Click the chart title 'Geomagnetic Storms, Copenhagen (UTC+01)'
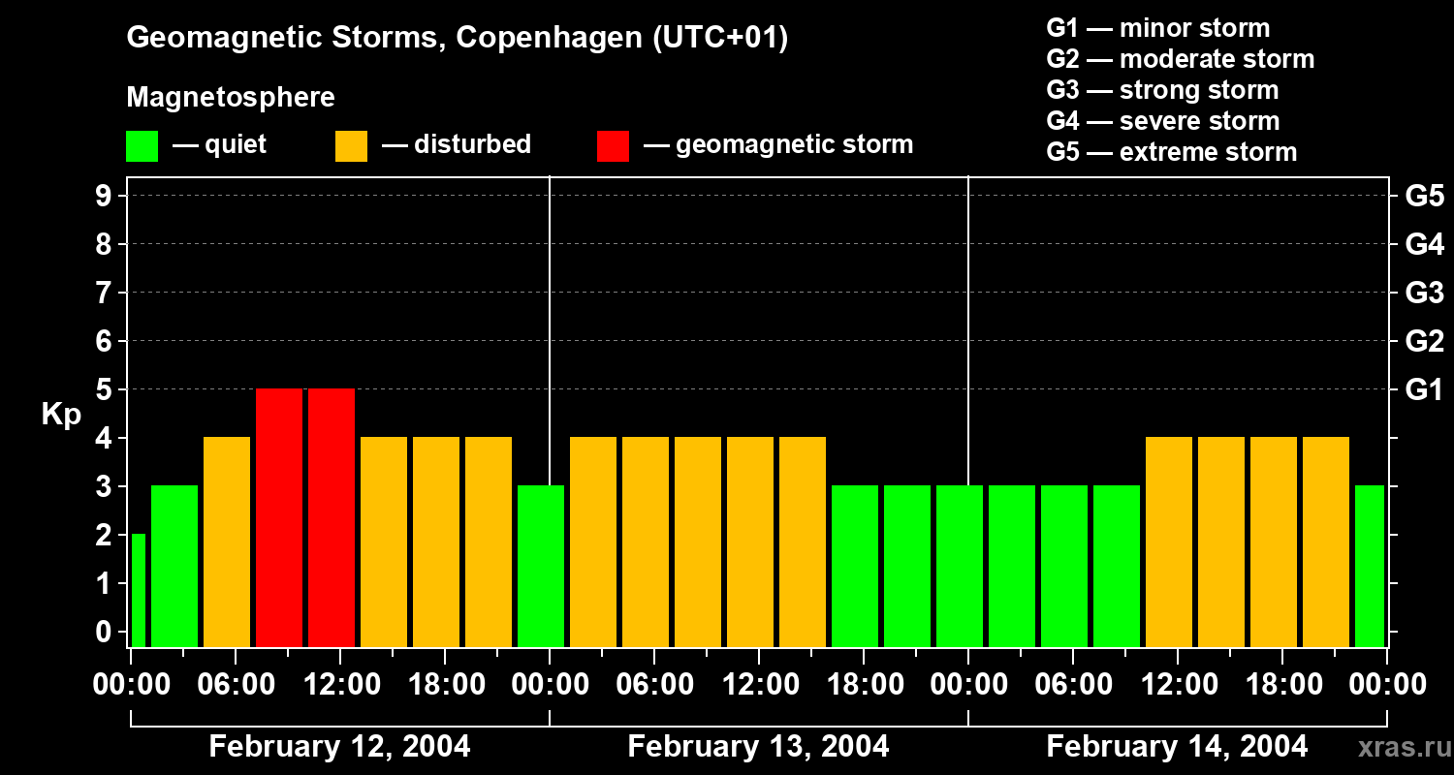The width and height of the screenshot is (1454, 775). click(x=457, y=38)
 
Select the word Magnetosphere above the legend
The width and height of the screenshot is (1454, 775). click(x=231, y=98)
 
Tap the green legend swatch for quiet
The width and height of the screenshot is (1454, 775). click(x=142, y=145)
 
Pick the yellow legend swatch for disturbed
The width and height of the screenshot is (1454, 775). click(x=351, y=145)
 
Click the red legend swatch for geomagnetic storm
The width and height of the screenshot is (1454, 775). click(x=613, y=145)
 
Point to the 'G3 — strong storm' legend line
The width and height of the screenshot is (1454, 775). click(x=1162, y=90)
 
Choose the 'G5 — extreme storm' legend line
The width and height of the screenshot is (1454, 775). click(x=1171, y=152)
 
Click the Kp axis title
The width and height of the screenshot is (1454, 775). click(x=61, y=415)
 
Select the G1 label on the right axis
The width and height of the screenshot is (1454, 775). click(x=1424, y=389)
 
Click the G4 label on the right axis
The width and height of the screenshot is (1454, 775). click(x=1424, y=244)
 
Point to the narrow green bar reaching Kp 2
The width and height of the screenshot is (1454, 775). click(x=138, y=590)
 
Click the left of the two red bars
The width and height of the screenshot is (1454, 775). click(x=279, y=517)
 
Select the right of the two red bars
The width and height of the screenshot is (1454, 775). click(x=332, y=517)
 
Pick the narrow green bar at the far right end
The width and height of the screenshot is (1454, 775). click(x=1369, y=566)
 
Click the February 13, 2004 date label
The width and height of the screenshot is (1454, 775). click(x=758, y=747)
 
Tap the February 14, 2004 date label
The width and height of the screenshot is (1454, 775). click(x=1177, y=747)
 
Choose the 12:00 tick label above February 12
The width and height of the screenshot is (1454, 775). click(x=341, y=685)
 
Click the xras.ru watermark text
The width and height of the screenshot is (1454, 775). click(x=1405, y=748)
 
